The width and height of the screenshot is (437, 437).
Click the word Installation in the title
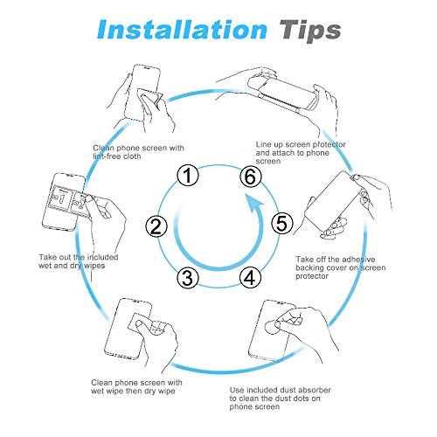(182, 30)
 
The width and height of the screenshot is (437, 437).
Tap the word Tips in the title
(310, 31)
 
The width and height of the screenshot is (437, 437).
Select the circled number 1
(188, 176)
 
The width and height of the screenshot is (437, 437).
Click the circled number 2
(156, 226)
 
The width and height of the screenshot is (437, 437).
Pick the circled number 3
(188, 278)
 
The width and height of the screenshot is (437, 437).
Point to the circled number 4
(250, 278)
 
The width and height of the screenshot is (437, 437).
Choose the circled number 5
(282, 223)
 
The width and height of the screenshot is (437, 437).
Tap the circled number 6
(251, 177)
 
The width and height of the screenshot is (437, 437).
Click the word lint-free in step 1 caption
(108, 156)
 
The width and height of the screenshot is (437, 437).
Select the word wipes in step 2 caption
(94, 266)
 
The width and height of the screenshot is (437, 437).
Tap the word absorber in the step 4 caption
(315, 390)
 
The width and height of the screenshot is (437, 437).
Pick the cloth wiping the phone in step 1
(149, 97)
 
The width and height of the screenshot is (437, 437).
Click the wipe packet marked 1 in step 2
(60, 198)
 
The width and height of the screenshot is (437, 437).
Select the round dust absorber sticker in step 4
(273, 327)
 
